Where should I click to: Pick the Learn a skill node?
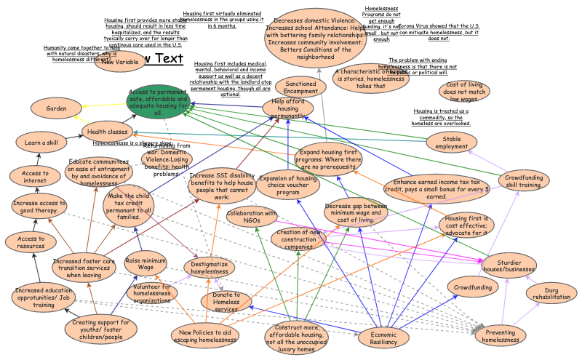coord(41,143)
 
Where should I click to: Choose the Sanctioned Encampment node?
coord(296,87)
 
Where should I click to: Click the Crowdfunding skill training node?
coord(524,181)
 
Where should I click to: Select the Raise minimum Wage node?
coord(147,263)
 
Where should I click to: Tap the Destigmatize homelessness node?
coord(210,268)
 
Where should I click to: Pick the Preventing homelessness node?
coord(501,335)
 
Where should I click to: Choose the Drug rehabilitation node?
coord(551,295)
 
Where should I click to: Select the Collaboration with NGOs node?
coord(252,217)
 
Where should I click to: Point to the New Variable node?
coord(120,63)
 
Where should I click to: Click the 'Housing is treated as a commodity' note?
coord(442,116)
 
